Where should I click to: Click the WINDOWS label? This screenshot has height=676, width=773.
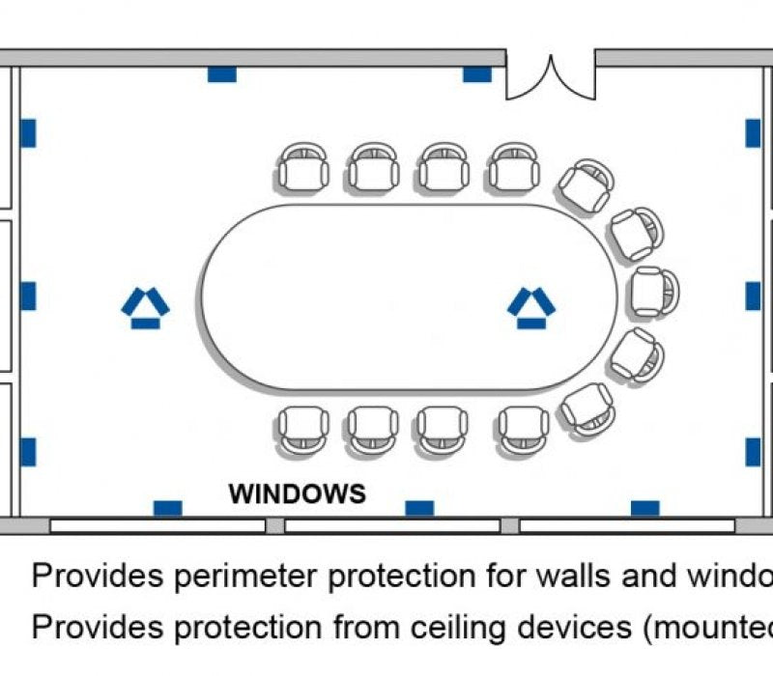pyautogui.click(x=297, y=494)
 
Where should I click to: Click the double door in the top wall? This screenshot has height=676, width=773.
pyautogui.click(x=551, y=77)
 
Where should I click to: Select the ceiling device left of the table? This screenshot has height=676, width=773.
pyautogui.click(x=145, y=308)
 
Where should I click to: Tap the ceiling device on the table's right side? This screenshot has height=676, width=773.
pyautogui.click(x=530, y=308)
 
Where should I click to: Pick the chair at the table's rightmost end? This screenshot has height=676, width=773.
pyautogui.click(x=654, y=292)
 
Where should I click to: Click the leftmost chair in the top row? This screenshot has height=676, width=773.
pyautogui.click(x=304, y=167)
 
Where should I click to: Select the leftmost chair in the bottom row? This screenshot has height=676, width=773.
pyautogui.click(x=304, y=429)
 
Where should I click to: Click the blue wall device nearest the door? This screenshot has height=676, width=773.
pyautogui.click(x=476, y=74)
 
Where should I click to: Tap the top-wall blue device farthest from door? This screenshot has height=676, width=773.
pyautogui.click(x=222, y=74)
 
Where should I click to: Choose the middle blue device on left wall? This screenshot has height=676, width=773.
pyautogui.click(x=28, y=296)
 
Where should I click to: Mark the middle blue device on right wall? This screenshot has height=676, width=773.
pyautogui.click(x=753, y=296)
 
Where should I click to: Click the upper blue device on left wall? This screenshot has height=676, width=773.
pyautogui.click(x=28, y=133)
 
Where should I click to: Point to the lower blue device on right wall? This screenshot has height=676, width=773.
pyautogui.click(x=753, y=451)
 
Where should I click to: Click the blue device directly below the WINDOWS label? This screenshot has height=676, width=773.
pyautogui.click(x=418, y=508)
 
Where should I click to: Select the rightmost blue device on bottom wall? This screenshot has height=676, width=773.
pyautogui.click(x=644, y=508)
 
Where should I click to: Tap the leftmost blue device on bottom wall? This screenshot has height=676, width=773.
pyautogui.click(x=167, y=508)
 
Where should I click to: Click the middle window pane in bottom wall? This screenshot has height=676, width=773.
pyautogui.click(x=391, y=526)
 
